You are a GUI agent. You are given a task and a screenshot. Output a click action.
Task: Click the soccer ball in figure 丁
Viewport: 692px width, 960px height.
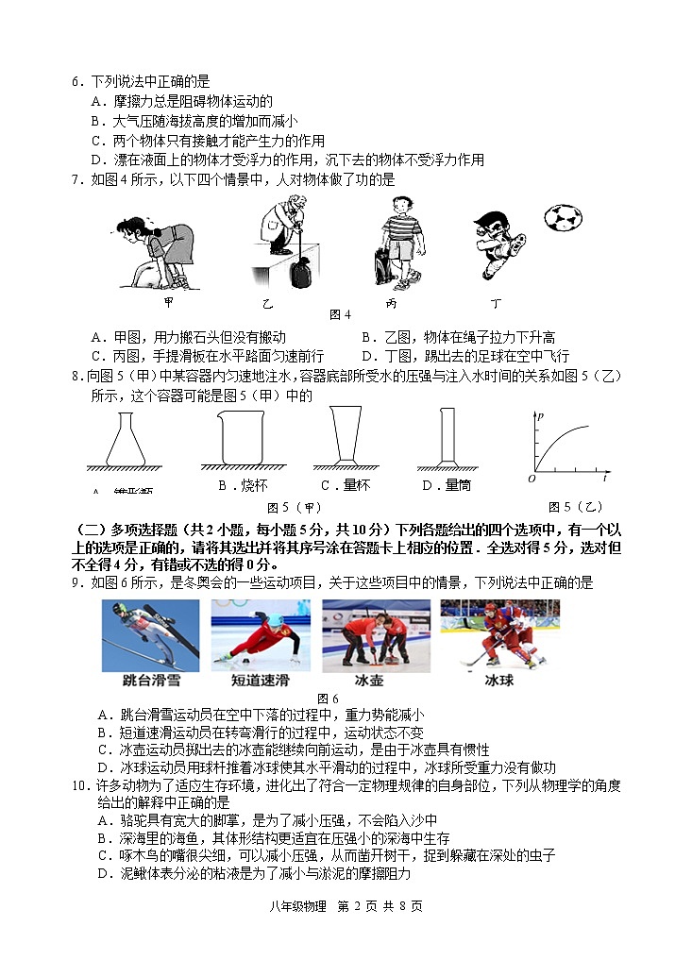pos(563,218)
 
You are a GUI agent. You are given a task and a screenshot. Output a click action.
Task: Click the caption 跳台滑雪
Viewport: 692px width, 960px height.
pos(150,680)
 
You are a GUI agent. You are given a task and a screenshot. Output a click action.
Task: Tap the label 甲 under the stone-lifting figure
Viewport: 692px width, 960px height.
pos(168,302)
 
